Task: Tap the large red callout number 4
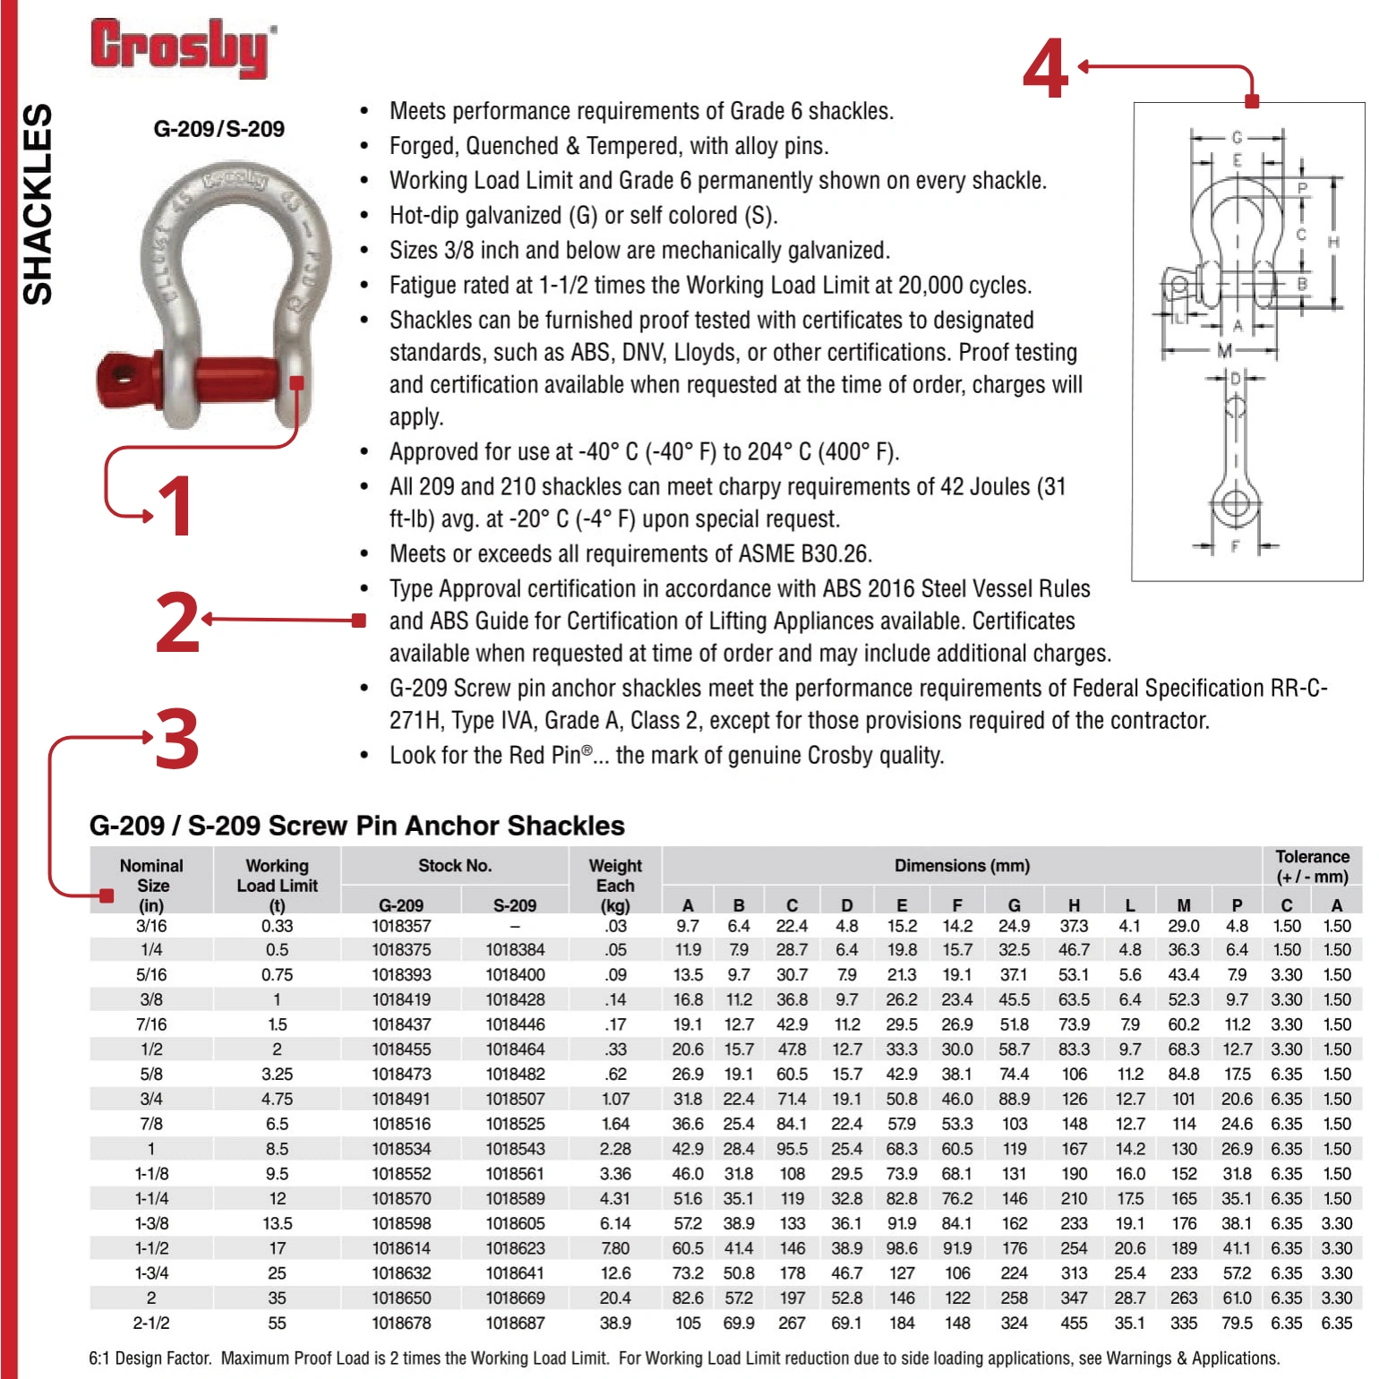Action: [x=1045, y=69]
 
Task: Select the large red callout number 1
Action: [x=176, y=506]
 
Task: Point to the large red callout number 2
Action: [x=176, y=622]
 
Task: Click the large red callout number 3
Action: [x=176, y=739]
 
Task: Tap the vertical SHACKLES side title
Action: [x=38, y=204]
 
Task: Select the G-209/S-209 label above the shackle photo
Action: [x=218, y=129]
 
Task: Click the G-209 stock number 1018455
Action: [x=400, y=1049]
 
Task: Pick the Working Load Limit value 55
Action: [x=277, y=1323]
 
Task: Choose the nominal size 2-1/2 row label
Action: [x=150, y=1323]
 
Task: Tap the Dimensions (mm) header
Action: [x=962, y=865]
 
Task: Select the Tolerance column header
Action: [x=1312, y=866]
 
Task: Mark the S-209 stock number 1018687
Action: [x=515, y=1323]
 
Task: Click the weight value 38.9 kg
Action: [x=615, y=1323]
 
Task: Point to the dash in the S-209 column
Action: [x=515, y=926]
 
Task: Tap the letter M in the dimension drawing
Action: [x=1224, y=351]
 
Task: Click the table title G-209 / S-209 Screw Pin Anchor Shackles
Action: [x=356, y=825]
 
